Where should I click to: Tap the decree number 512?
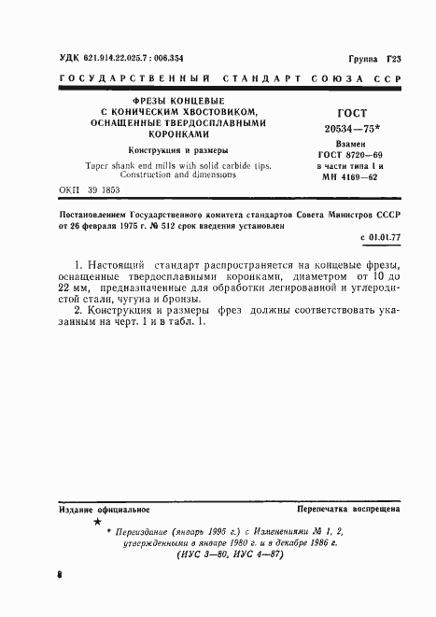[173, 225]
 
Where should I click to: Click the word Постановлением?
[90, 214]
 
